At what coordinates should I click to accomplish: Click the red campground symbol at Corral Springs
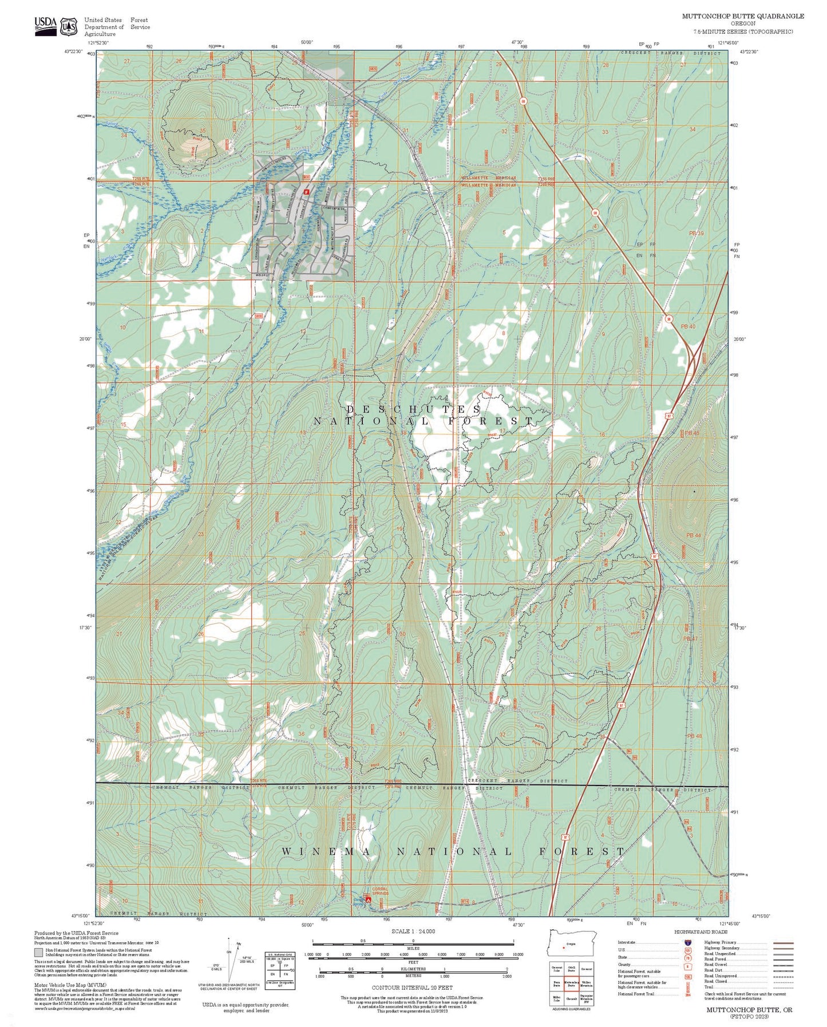(x=368, y=900)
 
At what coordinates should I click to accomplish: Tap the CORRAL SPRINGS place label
(x=380, y=891)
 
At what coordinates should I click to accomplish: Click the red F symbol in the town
(x=306, y=192)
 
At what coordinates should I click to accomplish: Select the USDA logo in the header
(x=45, y=25)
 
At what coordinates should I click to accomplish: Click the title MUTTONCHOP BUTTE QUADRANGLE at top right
(x=742, y=16)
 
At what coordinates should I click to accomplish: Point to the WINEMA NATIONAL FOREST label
(x=452, y=852)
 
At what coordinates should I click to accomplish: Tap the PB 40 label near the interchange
(x=688, y=326)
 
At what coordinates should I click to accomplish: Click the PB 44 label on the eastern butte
(x=693, y=535)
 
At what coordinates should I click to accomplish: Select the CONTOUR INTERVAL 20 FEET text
(x=412, y=987)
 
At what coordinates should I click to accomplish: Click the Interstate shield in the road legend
(x=686, y=942)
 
